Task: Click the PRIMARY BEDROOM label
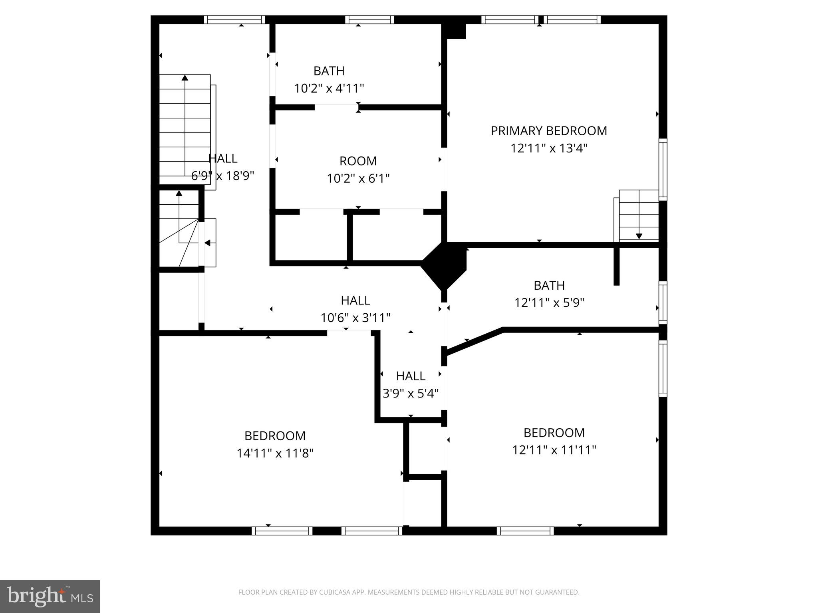click(x=548, y=131)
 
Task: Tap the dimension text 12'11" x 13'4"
click(x=548, y=148)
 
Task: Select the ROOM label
click(x=358, y=161)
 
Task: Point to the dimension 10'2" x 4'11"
click(x=329, y=88)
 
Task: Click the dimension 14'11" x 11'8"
click(x=275, y=453)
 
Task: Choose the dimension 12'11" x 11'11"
click(x=554, y=450)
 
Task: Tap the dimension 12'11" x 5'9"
click(x=549, y=303)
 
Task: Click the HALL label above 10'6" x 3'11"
click(x=355, y=300)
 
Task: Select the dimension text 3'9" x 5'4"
click(x=410, y=394)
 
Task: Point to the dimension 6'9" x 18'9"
click(x=222, y=176)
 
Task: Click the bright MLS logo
click(x=50, y=597)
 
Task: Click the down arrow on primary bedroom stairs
click(x=639, y=236)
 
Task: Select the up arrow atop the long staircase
click(x=185, y=78)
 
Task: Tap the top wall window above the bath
click(x=369, y=20)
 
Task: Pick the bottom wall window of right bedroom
click(x=525, y=531)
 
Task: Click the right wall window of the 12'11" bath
click(x=663, y=303)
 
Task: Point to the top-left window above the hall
click(x=234, y=20)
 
